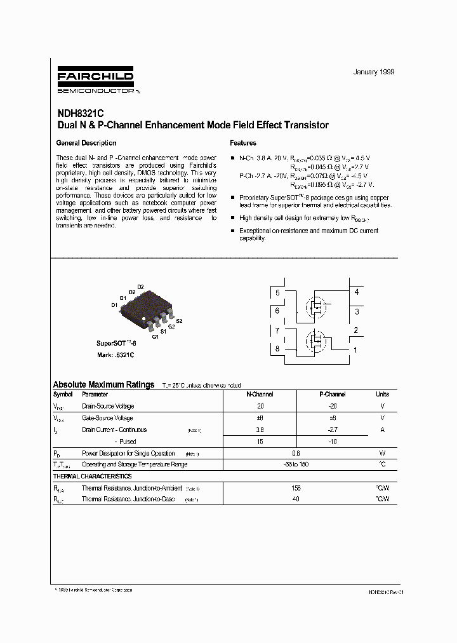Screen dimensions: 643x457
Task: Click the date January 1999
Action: click(x=373, y=72)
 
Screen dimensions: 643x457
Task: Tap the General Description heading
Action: click(x=86, y=143)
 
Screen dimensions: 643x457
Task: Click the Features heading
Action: click(x=243, y=143)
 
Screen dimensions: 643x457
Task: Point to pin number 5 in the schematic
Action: click(x=277, y=293)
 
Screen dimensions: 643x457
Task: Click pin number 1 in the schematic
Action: click(x=356, y=349)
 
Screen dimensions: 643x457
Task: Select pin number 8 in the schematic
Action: click(x=277, y=349)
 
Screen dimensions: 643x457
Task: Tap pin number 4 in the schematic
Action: click(x=356, y=292)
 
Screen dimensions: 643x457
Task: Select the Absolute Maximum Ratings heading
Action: click(x=103, y=384)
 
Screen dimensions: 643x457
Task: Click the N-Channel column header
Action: click(x=260, y=395)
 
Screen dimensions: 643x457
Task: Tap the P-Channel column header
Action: click(x=332, y=395)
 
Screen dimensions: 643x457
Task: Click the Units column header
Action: click(x=382, y=395)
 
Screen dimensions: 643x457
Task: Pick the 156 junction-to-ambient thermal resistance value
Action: click(x=296, y=488)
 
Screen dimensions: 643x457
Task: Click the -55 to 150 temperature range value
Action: click(x=296, y=464)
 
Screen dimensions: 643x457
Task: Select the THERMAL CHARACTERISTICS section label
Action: click(x=92, y=476)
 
